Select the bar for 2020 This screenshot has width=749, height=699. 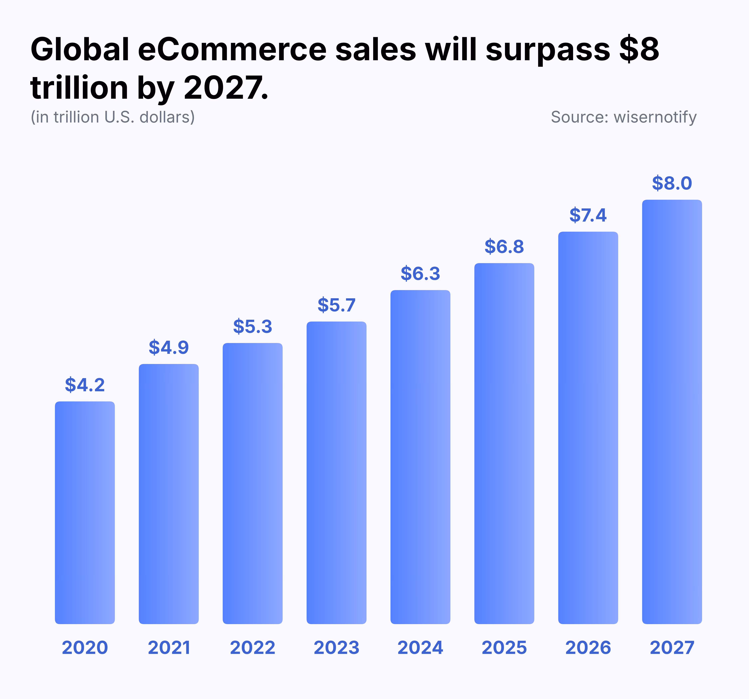85,512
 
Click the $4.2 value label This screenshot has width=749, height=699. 85,385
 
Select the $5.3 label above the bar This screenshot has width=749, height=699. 252,326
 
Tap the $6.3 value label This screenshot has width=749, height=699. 420,274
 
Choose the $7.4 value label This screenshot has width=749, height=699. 588,215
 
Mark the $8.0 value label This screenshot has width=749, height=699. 672,183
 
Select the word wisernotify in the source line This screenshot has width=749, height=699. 655,117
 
